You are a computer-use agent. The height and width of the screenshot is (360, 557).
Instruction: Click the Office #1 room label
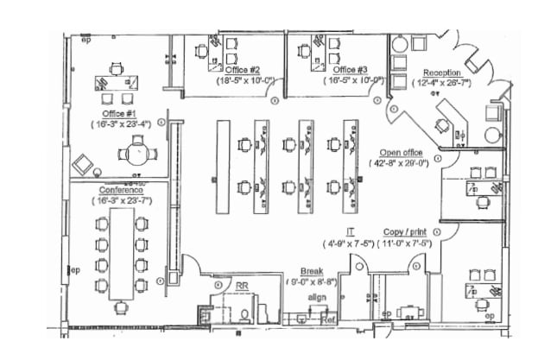(120, 113)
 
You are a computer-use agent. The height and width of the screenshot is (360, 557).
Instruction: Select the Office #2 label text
(244, 70)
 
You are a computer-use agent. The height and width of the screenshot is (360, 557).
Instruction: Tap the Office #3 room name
(351, 70)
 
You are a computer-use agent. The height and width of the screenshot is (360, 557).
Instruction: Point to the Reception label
(441, 73)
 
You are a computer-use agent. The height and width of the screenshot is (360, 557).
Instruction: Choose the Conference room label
(120, 189)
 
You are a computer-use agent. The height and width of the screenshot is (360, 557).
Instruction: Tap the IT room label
(350, 232)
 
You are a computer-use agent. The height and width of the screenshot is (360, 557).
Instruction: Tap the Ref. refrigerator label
(327, 319)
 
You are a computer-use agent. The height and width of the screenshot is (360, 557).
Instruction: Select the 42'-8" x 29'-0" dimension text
(400, 162)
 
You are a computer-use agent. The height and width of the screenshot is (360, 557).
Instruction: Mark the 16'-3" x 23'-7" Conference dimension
(121, 199)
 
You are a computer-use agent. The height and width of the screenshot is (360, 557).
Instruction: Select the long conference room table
(121, 255)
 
